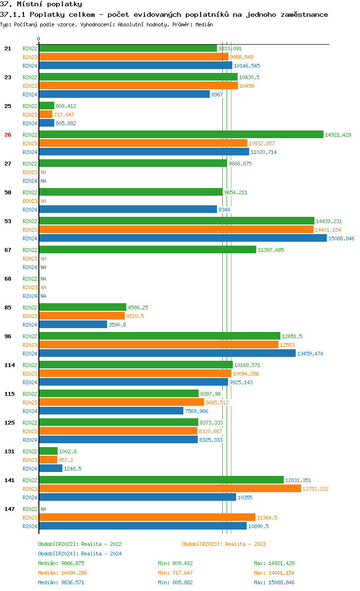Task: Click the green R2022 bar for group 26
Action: click(x=181, y=135)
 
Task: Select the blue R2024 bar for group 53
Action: click(x=183, y=238)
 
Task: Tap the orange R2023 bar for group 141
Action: click(x=170, y=489)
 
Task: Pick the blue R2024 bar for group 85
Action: click(x=73, y=325)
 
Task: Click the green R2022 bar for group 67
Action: click(x=147, y=250)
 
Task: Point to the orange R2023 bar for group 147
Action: click(x=147, y=518)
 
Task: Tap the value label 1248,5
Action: click(x=72, y=469)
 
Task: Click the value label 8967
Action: click(x=217, y=95)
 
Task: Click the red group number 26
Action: click(x=8, y=135)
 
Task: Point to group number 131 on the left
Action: click(x=9, y=451)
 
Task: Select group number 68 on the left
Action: click(x=8, y=279)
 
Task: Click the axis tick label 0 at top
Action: click(x=39, y=39)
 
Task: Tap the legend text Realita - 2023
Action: click(x=245, y=544)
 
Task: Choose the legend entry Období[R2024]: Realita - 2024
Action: click(x=80, y=554)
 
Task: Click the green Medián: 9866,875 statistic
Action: click(x=61, y=563)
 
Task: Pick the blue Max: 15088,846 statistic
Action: click(x=274, y=582)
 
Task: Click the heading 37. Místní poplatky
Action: click(x=41, y=4)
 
